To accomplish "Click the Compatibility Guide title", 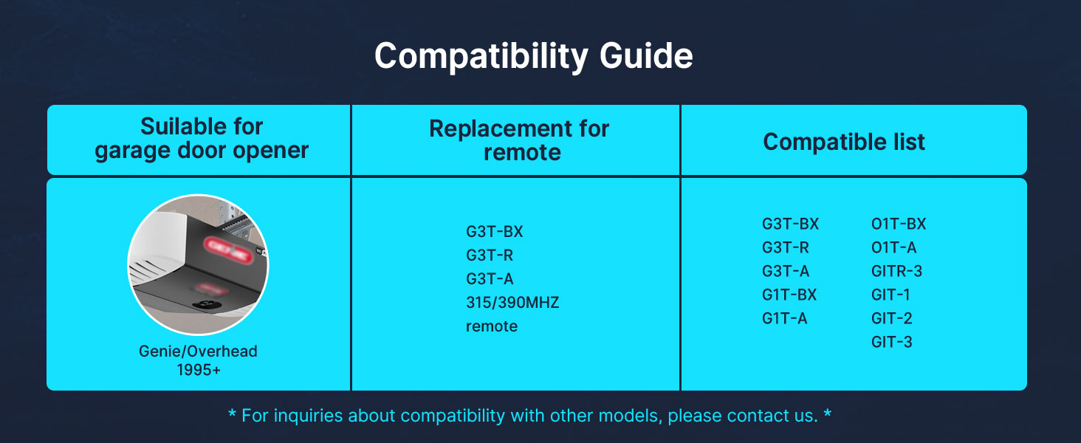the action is [x=533, y=56].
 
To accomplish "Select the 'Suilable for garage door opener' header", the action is [x=202, y=139].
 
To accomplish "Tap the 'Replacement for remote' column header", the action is [x=519, y=140].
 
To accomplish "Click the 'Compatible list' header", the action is [x=843, y=142].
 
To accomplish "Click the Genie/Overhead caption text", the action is [x=198, y=351].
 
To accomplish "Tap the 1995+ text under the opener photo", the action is [x=199, y=370].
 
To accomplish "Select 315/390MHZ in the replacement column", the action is [x=512, y=303].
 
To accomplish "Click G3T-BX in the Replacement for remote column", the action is [x=494, y=232].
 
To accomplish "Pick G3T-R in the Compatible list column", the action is [x=785, y=247].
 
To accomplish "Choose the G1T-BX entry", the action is [x=789, y=295].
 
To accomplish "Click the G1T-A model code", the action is [x=784, y=318].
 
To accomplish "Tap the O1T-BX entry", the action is [x=899, y=224].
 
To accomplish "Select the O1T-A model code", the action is [x=893, y=247].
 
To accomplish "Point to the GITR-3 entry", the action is [x=896, y=271].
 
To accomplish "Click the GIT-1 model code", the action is [x=890, y=295].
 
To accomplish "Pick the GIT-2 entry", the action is [x=891, y=318].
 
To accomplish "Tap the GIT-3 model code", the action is [x=891, y=342].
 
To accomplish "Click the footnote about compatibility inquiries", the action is [x=529, y=416].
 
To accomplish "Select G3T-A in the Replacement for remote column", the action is [x=490, y=279].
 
